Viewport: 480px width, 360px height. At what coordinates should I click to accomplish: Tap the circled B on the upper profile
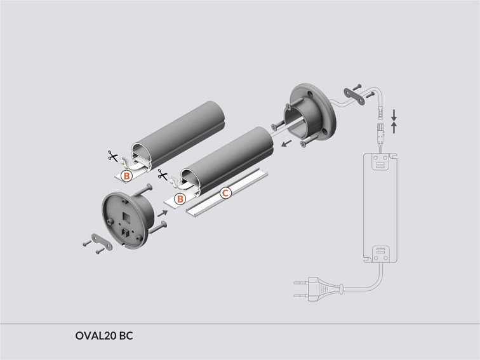pos(126,175)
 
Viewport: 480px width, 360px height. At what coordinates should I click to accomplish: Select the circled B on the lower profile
pos(180,199)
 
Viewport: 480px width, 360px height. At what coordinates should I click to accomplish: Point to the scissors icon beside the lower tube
pos(163,176)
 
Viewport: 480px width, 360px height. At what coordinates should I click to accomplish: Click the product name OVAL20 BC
pos(103,335)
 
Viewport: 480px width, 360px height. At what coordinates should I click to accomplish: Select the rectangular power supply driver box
pos(380,210)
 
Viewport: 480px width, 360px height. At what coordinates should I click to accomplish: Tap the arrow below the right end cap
pos(288,143)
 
